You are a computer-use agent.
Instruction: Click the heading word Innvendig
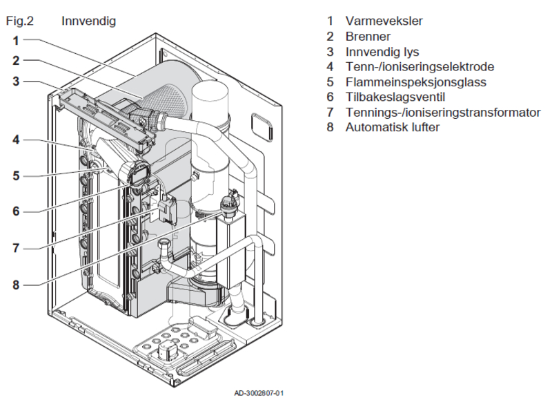pyautogui.click(x=88, y=21)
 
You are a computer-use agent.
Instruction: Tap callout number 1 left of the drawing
pyautogui.click(x=15, y=40)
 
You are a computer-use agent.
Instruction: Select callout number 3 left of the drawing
pyautogui.click(x=15, y=81)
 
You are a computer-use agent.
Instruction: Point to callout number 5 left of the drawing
pyautogui.click(x=15, y=175)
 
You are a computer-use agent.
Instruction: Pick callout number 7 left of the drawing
pyautogui.click(x=15, y=247)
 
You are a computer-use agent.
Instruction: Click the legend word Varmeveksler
pyautogui.click(x=384, y=21)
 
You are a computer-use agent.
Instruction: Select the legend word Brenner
pyautogui.click(x=368, y=36)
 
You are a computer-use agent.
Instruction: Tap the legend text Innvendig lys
pyautogui.click(x=382, y=52)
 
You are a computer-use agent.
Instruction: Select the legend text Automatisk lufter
pyautogui.click(x=393, y=128)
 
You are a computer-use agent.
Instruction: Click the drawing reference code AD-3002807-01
pyautogui.click(x=259, y=393)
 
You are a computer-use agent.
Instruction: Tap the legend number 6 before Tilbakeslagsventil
pyautogui.click(x=331, y=97)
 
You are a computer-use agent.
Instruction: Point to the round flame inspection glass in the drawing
pyautogui.click(x=137, y=173)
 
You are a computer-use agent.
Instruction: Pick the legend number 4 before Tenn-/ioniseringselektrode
pyautogui.click(x=331, y=67)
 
